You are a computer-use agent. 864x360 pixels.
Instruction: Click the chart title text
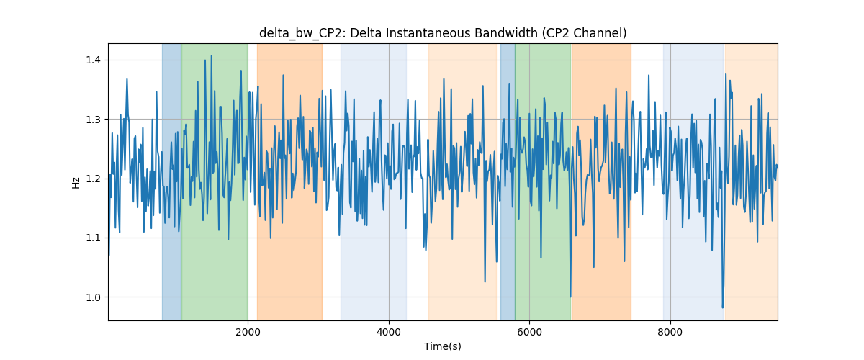[x=443, y=33]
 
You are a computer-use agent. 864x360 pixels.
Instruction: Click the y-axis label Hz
[x=76, y=182]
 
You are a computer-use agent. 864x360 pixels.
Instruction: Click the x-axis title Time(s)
[x=443, y=346]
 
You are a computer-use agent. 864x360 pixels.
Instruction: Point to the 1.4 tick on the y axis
[x=93, y=60]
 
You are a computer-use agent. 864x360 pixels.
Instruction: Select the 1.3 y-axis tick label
[x=93, y=120]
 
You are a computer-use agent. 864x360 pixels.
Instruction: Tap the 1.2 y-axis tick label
[x=93, y=179]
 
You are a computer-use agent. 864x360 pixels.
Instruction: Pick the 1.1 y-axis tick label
[x=93, y=238]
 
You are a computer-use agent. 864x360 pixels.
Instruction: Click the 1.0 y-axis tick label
[x=93, y=297]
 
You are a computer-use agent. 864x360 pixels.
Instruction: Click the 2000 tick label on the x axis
[x=248, y=332]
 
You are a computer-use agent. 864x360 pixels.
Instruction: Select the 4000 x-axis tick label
[x=389, y=332]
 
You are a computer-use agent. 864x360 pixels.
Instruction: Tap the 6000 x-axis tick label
[x=530, y=332]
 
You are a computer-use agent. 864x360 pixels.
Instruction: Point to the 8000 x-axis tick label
[x=670, y=332]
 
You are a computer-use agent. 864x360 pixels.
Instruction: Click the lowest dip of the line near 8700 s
[x=722, y=307]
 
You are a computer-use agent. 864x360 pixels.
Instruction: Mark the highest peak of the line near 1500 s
[x=212, y=56]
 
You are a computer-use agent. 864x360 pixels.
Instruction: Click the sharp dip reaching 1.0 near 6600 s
[x=570, y=297]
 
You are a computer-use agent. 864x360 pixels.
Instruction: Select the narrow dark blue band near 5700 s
[x=508, y=182]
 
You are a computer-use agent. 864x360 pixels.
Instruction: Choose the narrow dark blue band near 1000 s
[x=171, y=182]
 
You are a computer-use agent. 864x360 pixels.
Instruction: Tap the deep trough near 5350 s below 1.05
[x=485, y=282]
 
